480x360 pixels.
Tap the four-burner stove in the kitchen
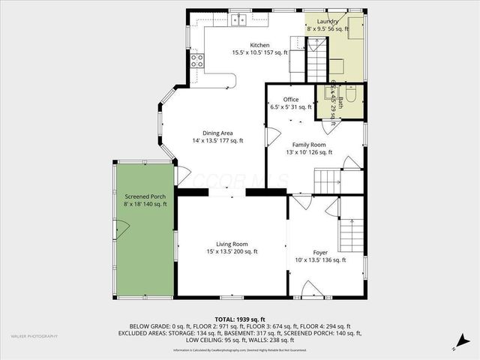(x=197, y=59)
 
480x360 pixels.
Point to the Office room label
(x=290, y=100)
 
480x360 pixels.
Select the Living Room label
(x=232, y=244)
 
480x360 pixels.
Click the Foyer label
(x=320, y=253)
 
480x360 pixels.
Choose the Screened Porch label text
(x=145, y=196)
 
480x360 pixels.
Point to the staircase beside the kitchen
(x=317, y=64)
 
